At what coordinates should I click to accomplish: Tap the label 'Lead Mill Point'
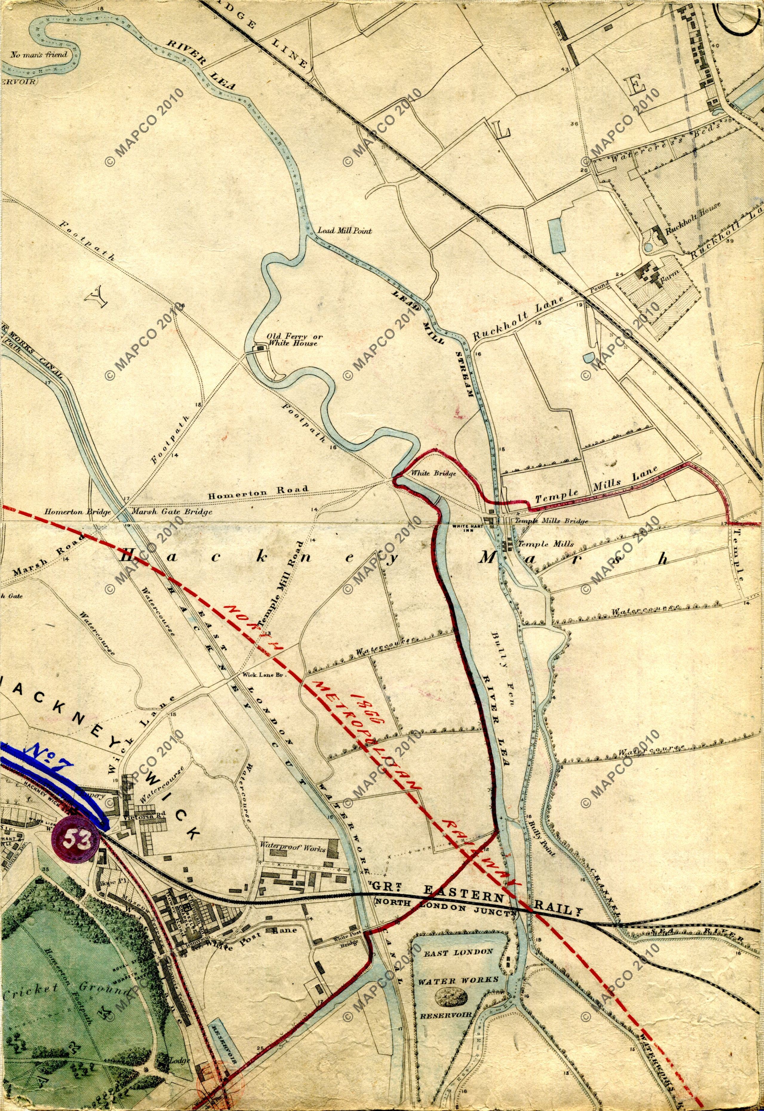[345, 230]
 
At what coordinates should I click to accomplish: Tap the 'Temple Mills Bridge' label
[550, 521]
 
